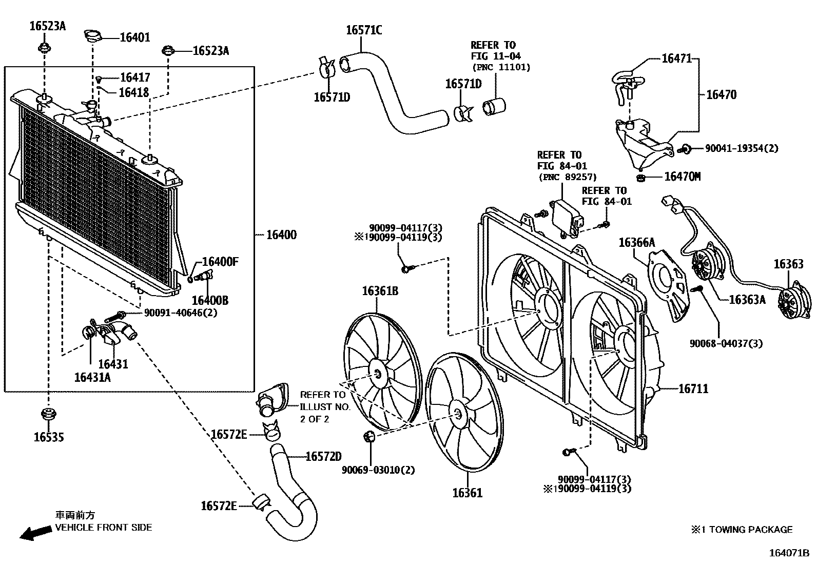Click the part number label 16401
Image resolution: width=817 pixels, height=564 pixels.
(135, 37)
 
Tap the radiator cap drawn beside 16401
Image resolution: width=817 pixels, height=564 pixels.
(93, 36)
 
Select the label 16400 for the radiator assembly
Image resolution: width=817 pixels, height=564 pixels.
(281, 235)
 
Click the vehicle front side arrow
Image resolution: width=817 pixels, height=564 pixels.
(35, 533)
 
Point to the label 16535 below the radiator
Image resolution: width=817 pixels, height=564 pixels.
(49, 437)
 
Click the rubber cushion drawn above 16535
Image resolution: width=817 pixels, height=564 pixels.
(49, 414)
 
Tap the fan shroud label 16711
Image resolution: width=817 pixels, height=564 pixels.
(693, 388)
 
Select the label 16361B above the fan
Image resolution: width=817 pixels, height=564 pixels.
(380, 291)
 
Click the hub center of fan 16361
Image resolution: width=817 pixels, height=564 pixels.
(458, 413)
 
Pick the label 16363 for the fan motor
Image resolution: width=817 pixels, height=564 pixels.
(788, 264)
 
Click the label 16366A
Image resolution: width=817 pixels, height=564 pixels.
(636, 242)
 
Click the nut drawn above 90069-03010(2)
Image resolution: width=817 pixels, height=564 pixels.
(368, 437)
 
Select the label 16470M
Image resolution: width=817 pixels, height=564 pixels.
(683, 177)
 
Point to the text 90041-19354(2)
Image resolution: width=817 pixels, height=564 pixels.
(741, 148)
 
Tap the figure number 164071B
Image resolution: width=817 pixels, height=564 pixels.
(788, 553)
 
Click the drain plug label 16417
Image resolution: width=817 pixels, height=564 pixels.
(135, 77)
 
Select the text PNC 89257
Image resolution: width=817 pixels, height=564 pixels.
(567, 177)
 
